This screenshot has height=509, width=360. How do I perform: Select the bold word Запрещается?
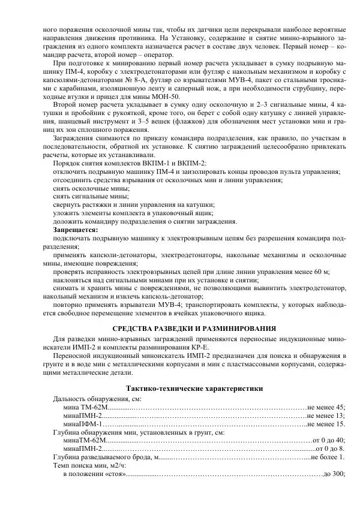click(x=76, y=230)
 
